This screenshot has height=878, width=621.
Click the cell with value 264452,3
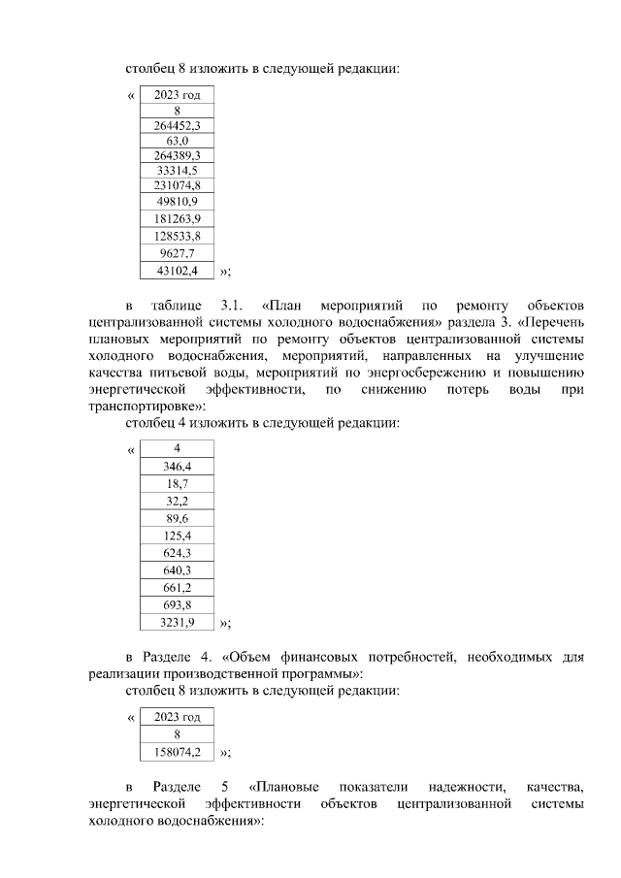[x=178, y=126]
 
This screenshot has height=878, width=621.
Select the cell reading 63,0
[x=178, y=141]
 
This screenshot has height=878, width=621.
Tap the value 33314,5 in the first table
[x=178, y=170]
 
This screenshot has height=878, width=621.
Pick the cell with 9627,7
[x=178, y=253]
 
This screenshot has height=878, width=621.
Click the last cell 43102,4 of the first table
[x=178, y=271]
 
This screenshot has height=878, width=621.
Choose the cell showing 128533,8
[x=178, y=236]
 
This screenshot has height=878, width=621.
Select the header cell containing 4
[x=178, y=448]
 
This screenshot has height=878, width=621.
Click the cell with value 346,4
[x=178, y=467]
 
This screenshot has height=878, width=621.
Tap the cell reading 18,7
[x=178, y=483]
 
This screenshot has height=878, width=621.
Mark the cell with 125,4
[x=178, y=536]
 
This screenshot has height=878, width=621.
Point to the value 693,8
[x=178, y=604]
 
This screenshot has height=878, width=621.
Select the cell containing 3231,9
[x=178, y=622]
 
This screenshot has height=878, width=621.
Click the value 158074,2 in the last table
[x=178, y=752]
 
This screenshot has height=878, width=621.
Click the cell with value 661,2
[x=178, y=587]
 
